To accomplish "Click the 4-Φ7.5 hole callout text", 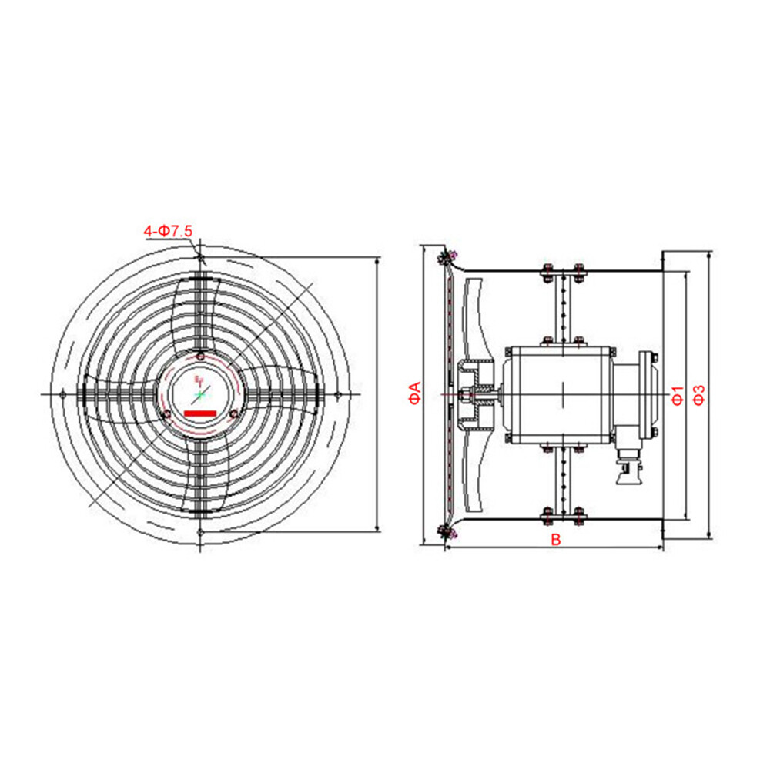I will [x=169, y=230].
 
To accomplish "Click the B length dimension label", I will [x=555, y=540].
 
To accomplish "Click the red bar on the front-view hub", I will [x=199, y=413].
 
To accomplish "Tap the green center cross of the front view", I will [x=199, y=394].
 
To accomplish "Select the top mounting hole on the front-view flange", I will [x=200, y=256].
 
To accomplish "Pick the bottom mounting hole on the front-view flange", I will [x=200, y=532].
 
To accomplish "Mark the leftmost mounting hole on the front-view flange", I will [x=62, y=394].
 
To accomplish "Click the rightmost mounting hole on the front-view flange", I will [x=337, y=394].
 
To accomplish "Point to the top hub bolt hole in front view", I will [x=200, y=357].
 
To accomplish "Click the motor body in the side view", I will [x=558, y=394].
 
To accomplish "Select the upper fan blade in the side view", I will [x=476, y=316].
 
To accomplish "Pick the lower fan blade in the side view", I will [x=476, y=474].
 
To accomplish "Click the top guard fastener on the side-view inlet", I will [x=446, y=256].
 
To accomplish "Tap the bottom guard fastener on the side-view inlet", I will [x=446, y=531].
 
